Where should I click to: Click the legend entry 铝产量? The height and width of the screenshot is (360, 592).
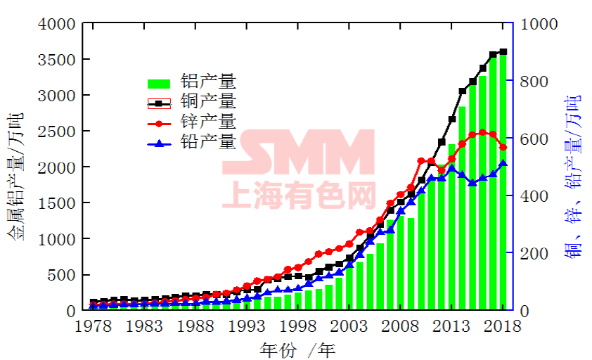click(x=192, y=82)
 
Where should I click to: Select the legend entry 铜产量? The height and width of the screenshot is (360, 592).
click(x=192, y=102)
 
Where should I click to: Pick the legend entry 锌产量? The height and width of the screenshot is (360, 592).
click(x=192, y=122)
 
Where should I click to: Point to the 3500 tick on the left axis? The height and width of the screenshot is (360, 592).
click(x=57, y=59)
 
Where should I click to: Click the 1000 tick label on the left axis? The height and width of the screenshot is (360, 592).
click(x=57, y=239)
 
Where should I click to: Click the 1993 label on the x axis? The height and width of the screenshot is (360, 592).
click(x=247, y=326)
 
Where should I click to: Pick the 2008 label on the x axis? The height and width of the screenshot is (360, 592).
click(x=400, y=326)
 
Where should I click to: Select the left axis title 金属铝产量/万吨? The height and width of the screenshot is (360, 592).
click(x=15, y=176)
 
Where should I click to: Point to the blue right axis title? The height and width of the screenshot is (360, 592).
click(x=572, y=176)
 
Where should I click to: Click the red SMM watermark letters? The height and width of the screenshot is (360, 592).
click(x=298, y=152)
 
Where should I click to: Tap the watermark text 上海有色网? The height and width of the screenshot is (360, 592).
click(x=299, y=195)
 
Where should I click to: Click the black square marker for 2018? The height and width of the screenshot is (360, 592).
click(x=503, y=52)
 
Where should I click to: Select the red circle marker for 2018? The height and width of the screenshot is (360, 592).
click(x=503, y=148)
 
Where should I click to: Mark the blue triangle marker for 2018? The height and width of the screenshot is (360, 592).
click(x=503, y=163)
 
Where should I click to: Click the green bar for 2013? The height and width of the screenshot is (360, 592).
click(x=452, y=226)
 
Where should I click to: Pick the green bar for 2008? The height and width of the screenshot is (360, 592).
click(x=401, y=263)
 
